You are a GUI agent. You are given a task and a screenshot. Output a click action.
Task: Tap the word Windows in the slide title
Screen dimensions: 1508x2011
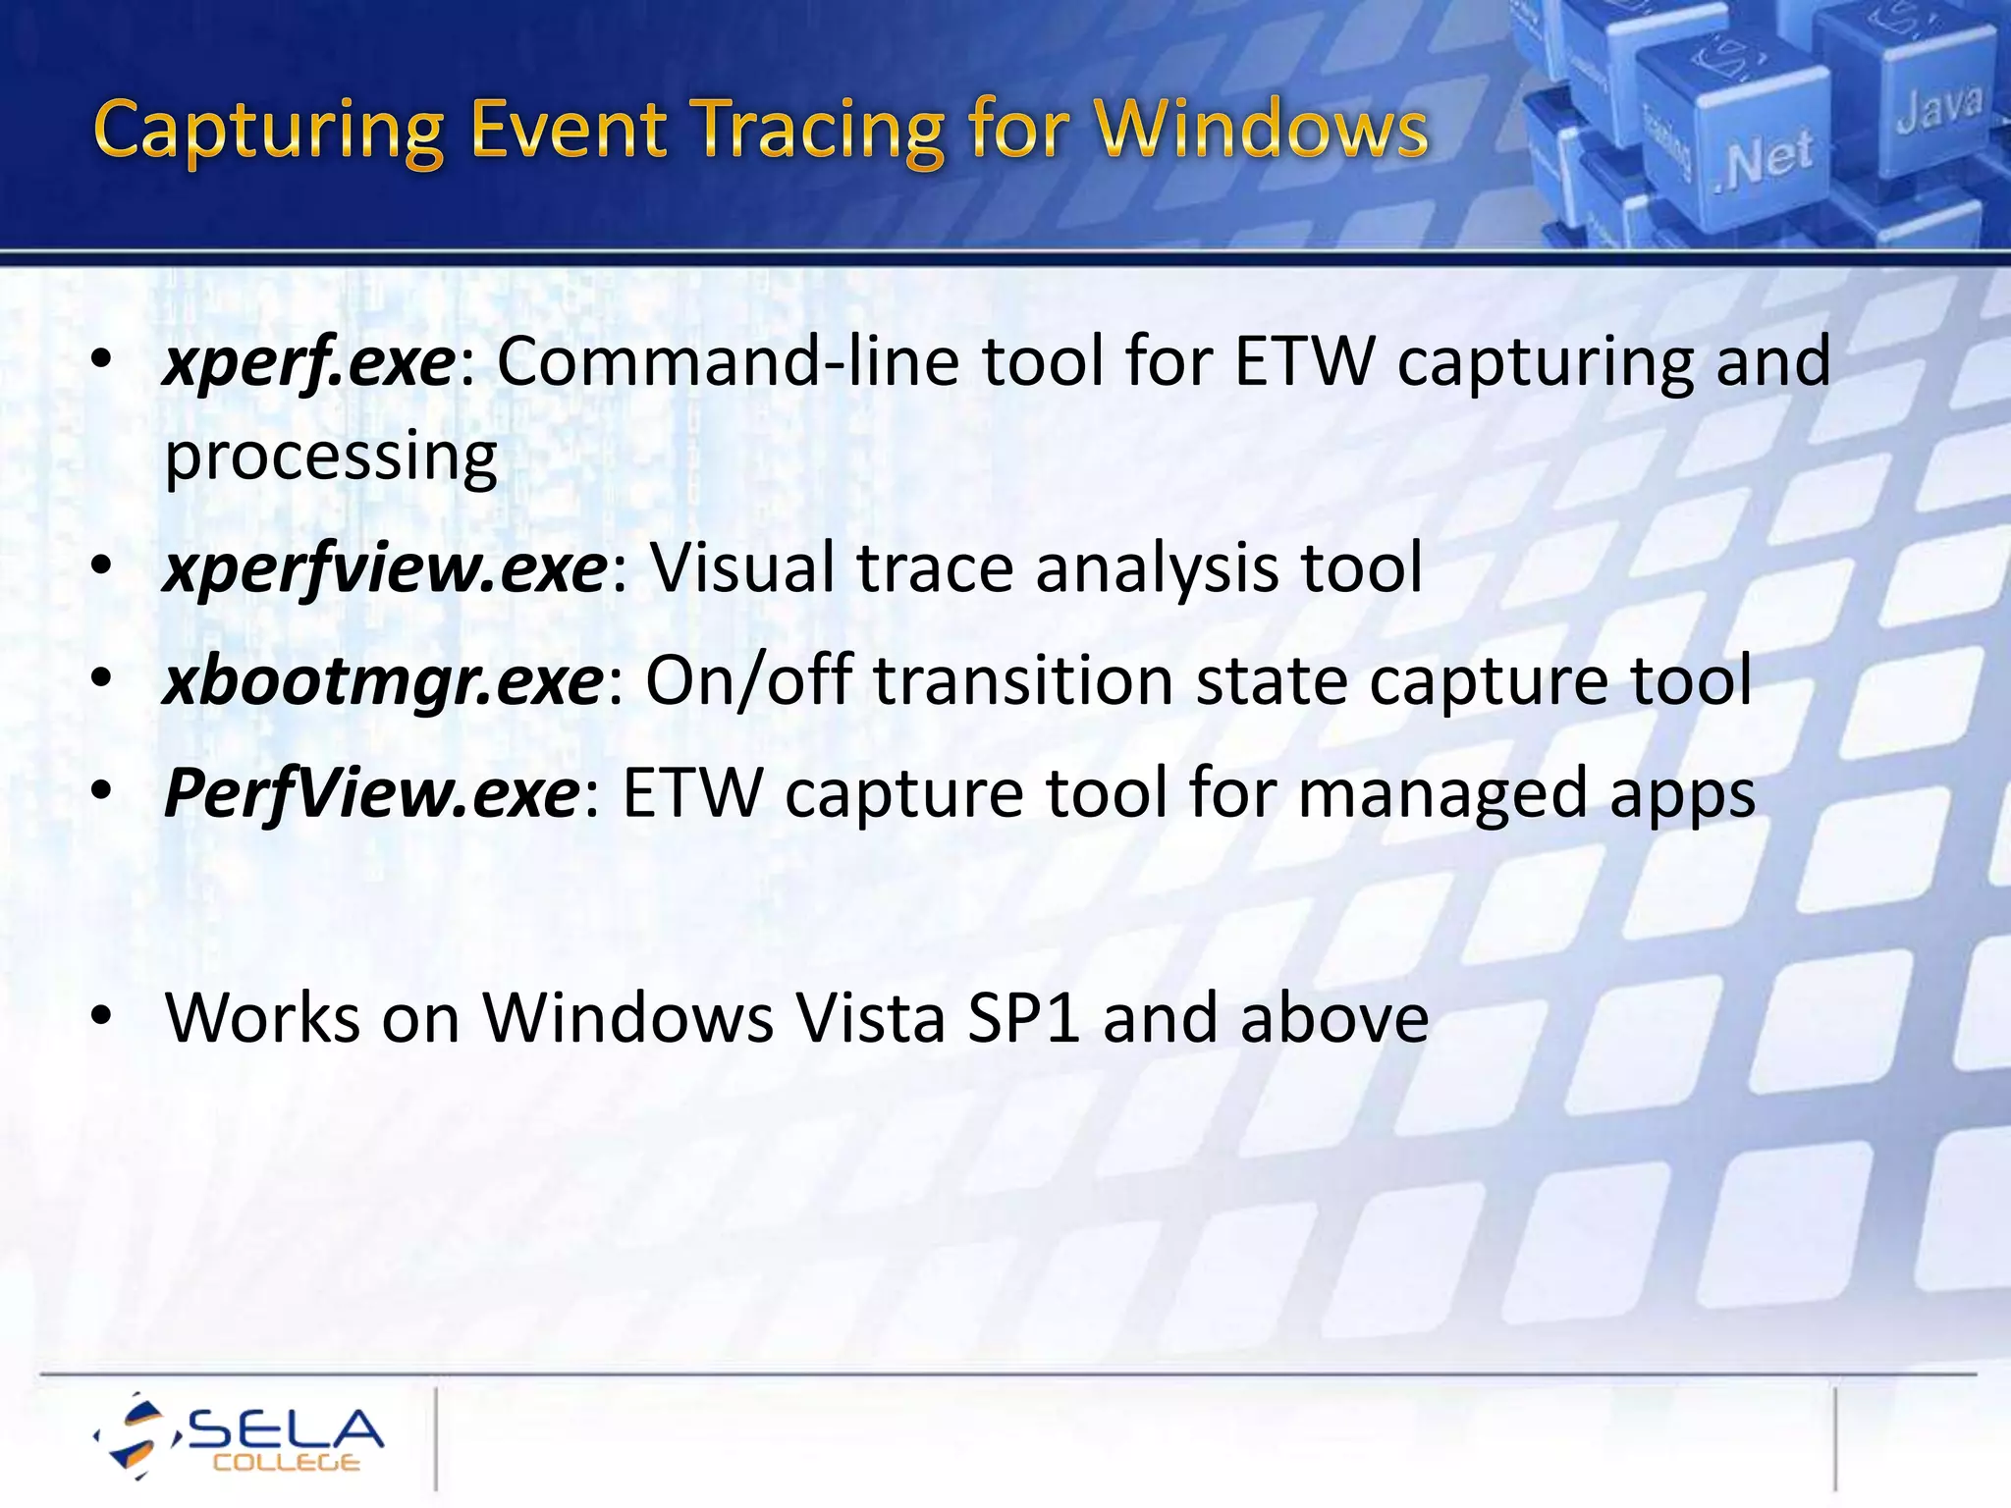pos(1261,130)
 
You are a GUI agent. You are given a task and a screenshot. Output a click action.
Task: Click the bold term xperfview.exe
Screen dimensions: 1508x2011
pos(385,569)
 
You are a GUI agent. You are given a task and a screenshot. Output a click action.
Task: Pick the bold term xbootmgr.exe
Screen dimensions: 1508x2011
pos(383,681)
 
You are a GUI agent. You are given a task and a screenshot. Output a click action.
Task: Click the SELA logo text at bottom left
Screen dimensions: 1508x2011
pos(285,1429)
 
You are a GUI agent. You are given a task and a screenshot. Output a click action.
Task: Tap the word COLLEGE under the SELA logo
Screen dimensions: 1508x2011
pos(286,1463)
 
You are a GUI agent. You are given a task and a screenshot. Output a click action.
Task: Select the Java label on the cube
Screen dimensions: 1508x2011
pos(1938,108)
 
